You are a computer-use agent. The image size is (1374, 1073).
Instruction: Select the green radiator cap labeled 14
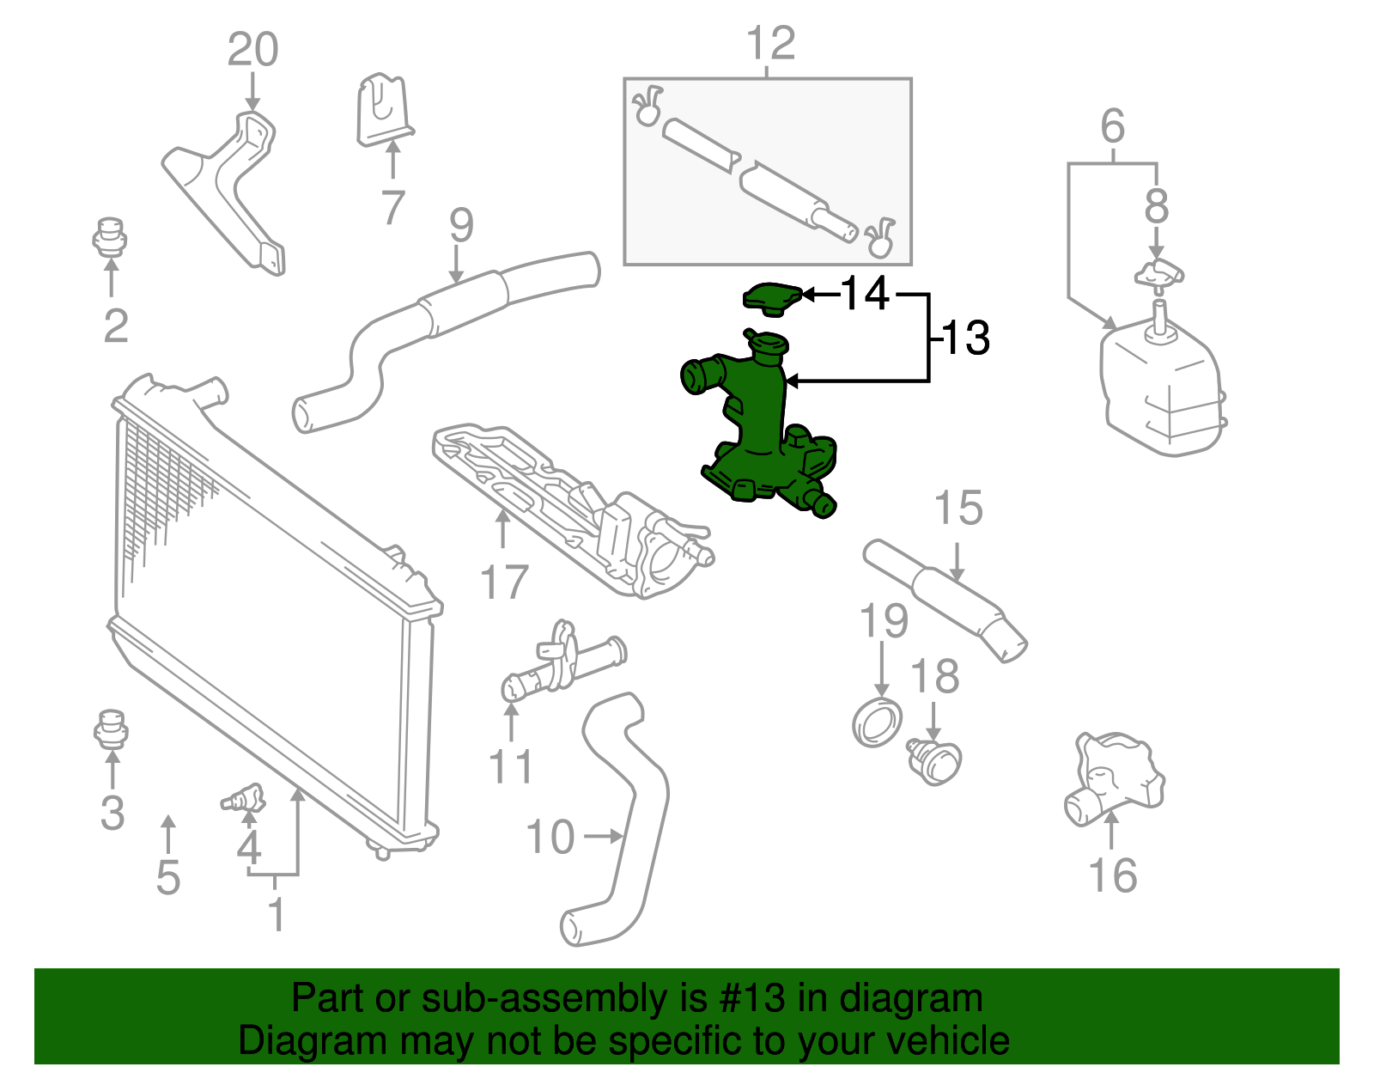(x=772, y=297)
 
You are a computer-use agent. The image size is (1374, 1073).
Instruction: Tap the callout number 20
(x=252, y=50)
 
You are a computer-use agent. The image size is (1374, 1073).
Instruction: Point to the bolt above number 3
(x=110, y=729)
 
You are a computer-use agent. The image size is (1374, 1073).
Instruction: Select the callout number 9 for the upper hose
(x=461, y=225)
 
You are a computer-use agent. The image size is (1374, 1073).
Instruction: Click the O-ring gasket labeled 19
(x=877, y=723)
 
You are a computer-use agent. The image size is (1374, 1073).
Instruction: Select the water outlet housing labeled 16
(x=1113, y=777)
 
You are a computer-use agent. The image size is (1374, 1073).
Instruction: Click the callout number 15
(x=958, y=509)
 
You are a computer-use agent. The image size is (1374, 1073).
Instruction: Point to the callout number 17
(x=504, y=582)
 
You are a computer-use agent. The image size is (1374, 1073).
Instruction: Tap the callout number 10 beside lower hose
(x=550, y=837)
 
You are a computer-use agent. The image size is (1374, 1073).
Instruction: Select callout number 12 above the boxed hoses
(x=770, y=43)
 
